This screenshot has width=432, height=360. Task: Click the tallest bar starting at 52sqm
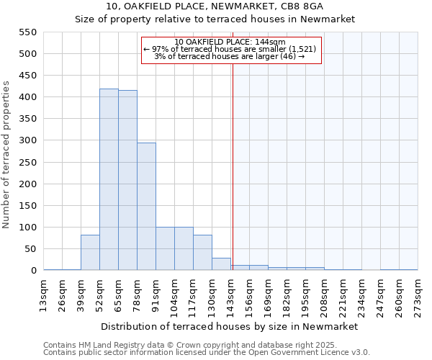tap(109, 180)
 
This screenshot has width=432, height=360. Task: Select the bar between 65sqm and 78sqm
tap(127, 181)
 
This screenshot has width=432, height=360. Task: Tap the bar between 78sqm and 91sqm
tap(146, 207)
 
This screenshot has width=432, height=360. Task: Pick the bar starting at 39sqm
tap(90, 253)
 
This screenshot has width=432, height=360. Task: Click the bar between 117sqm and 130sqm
tap(202, 253)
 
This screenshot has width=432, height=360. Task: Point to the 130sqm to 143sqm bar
tap(221, 264)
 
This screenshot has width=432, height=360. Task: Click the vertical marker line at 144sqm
tap(233, 166)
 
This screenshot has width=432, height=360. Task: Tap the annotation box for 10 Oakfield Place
tap(230, 49)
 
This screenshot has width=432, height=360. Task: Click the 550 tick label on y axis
tap(27, 32)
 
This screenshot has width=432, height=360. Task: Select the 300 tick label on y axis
tap(27, 140)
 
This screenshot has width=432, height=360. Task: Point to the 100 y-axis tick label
tap(27, 228)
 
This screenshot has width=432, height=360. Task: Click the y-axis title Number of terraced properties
tap(7, 155)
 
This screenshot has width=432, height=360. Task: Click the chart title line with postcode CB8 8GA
tap(215, 6)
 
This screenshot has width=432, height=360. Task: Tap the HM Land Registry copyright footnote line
tap(205, 345)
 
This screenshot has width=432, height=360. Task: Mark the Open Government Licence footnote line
tap(207, 353)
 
